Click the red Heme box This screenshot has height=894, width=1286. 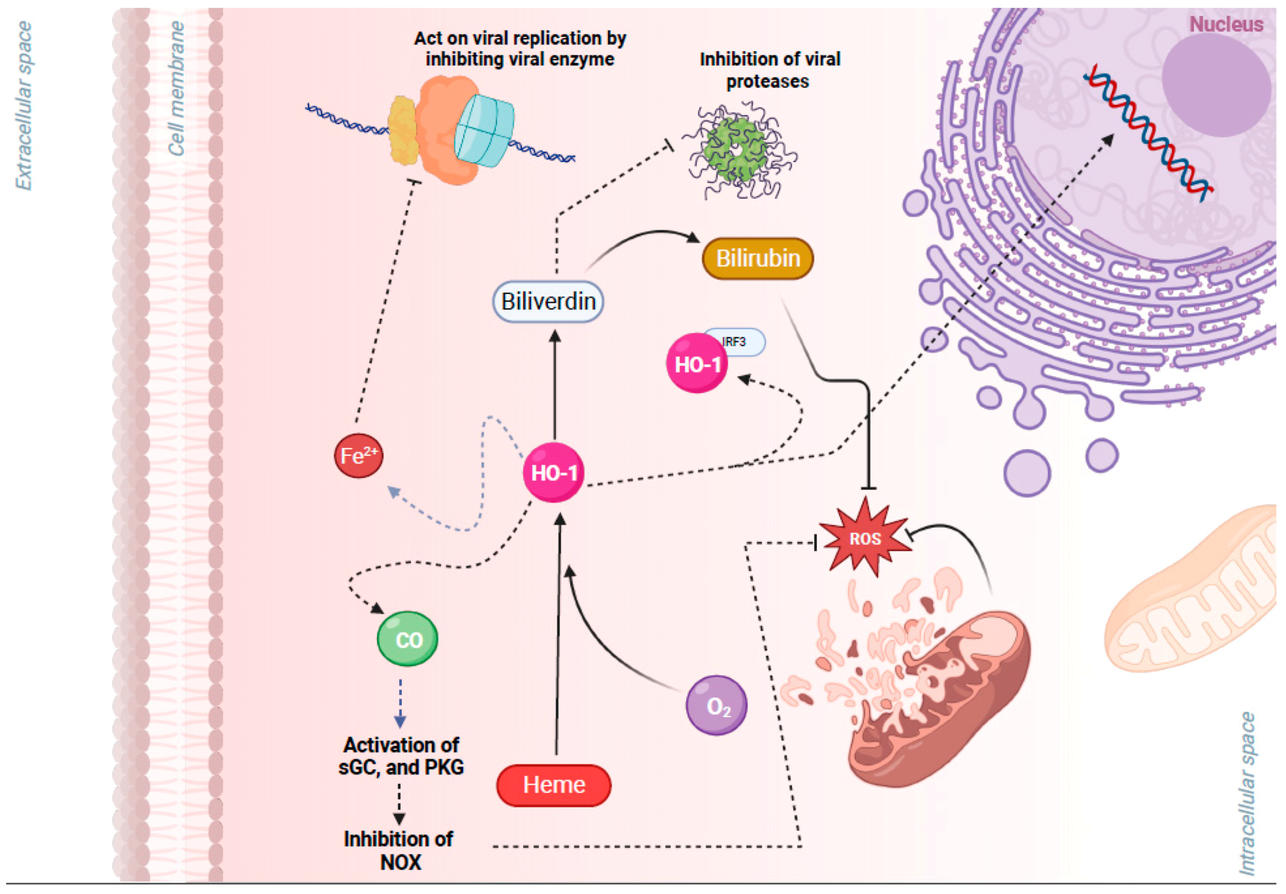click(553, 785)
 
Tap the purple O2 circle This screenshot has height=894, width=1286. click(716, 705)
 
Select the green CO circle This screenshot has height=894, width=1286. click(408, 639)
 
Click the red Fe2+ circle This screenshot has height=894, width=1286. click(359, 455)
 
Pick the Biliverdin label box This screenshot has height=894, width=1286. click(548, 302)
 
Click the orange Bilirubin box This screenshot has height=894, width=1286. click(757, 258)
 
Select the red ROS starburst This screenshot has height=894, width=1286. click(865, 539)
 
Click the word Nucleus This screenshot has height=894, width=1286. click(1226, 24)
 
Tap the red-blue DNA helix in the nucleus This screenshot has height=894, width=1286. click(1148, 133)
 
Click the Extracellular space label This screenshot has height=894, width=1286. click(23, 106)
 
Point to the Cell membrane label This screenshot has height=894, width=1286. click(176, 89)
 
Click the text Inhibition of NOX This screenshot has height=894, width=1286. click(399, 850)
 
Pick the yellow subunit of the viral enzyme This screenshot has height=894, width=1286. click(403, 130)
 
